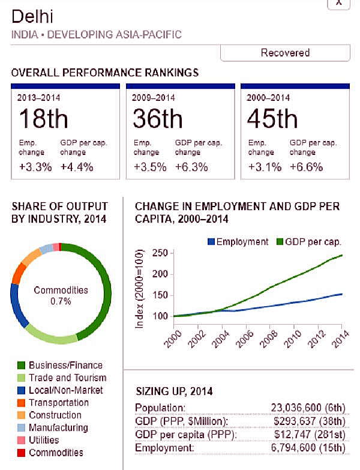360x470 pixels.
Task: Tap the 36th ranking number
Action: click(158, 119)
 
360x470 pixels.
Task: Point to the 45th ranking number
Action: click(272, 119)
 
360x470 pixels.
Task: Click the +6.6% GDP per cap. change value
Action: click(306, 167)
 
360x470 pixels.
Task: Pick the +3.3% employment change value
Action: click(34, 167)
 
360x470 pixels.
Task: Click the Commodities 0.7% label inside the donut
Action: click(61, 295)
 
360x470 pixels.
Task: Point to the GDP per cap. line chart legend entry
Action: click(308, 242)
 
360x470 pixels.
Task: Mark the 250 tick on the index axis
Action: click(159, 253)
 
